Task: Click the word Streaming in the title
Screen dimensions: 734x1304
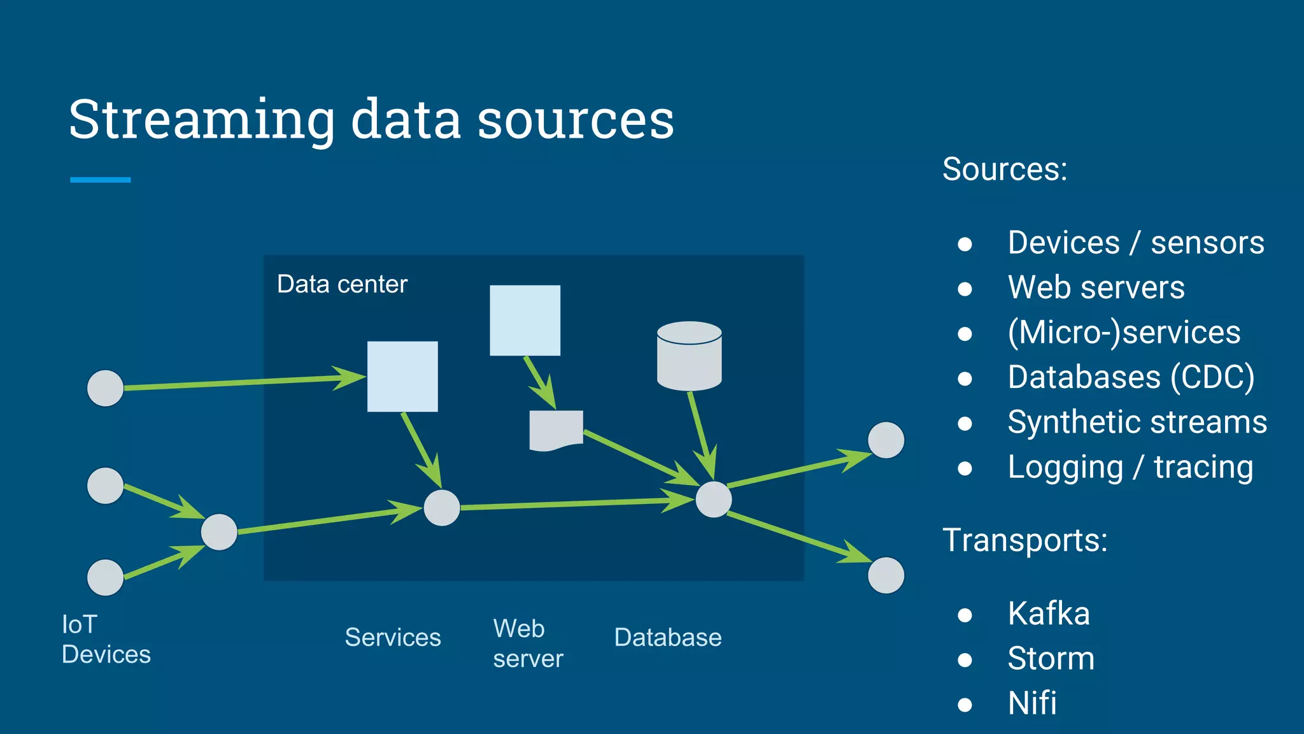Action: pyautogui.click(x=201, y=120)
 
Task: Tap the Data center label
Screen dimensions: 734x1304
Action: pyautogui.click(x=342, y=284)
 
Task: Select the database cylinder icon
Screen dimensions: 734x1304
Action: pyautogui.click(x=689, y=356)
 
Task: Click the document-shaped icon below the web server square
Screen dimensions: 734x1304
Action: pyautogui.click(x=556, y=430)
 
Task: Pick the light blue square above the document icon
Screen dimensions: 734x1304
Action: pyautogui.click(x=525, y=320)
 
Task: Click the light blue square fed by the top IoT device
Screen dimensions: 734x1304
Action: pyautogui.click(x=402, y=376)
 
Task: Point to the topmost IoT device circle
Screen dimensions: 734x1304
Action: pyautogui.click(x=105, y=388)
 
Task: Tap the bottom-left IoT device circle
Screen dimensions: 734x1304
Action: pyautogui.click(x=105, y=577)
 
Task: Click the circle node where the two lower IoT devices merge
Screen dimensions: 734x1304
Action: pyautogui.click(x=219, y=532)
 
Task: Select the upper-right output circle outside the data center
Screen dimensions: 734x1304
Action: pyautogui.click(x=886, y=440)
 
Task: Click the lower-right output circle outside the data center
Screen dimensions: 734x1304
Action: pyautogui.click(x=886, y=575)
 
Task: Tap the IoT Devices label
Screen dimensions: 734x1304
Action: pyautogui.click(x=106, y=639)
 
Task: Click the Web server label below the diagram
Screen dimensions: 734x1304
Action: pyautogui.click(x=528, y=644)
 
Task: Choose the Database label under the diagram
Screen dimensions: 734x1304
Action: pyautogui.click(x=667, y=637)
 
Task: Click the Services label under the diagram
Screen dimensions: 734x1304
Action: pyautogui.click(x=393, y=637)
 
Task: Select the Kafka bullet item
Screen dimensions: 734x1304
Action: pyautogui.click(x=1048, y=614)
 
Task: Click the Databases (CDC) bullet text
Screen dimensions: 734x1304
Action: pyautogui.click(x=1131, y=377)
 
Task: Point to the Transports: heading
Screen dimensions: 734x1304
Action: pyautogui.click(x=1024, y=540)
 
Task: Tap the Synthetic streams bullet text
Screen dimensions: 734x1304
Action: pyautogui.click(x=1137, y=422)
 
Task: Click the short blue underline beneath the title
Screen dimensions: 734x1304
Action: pyautogui.click(x=100, y=180)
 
